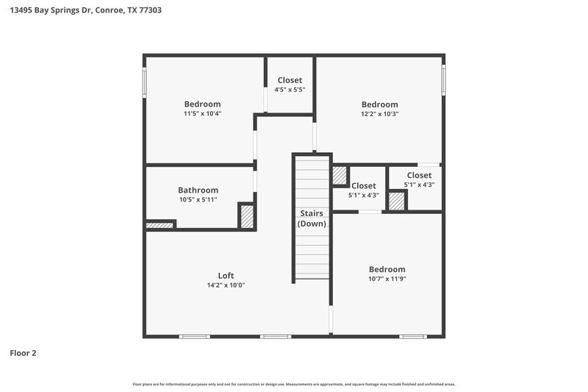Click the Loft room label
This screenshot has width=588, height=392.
pyautogui.click(x=226, y=276)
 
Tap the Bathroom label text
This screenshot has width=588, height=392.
pyautogui.click(x=198, y=190)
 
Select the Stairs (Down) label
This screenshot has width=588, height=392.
pyautogui.click(x=312, y=218)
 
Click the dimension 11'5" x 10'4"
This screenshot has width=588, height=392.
pyautogui.click(x=202, y=114)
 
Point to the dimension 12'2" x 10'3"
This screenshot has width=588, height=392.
pyautogui.click(x=379, y=114)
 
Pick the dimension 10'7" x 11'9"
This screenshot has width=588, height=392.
pyautogui.click(x=387, y=279)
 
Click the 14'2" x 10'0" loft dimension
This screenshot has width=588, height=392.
pyautogui.click(x=226, y=285)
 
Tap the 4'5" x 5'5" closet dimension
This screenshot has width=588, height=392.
pyautogui.click(x=290, y=90)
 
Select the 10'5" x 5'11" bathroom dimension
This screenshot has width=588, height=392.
pyautogui.click(x=198, y=200)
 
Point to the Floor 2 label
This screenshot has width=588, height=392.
pyautogui.click(x=23, y=353)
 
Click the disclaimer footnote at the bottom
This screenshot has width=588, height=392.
pyautogui.click(x=294, y=384)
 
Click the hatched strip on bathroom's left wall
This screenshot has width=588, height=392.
pyautogui.click(x=159, y=224)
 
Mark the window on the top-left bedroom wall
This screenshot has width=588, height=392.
pyautogui.click(x=145, y=81)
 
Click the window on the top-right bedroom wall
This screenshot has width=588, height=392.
pyautogui.click(x=443, y=79)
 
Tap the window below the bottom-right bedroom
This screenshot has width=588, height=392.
pyautogui.click(x=412, y=337)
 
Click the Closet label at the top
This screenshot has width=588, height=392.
pyautogui.click(x=290, y=80)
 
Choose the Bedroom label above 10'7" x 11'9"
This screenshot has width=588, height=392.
pyautogui.click(x=387, y=269)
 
